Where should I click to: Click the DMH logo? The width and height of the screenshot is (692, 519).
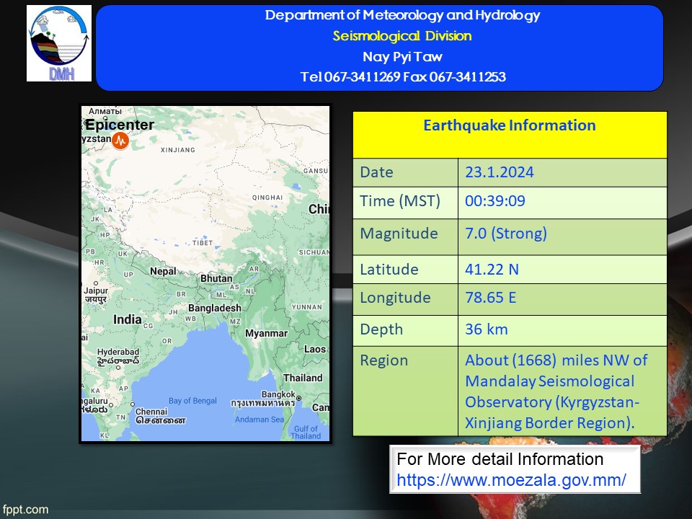pos(59,43)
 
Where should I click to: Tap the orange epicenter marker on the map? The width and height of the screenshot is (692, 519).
pos(120,141)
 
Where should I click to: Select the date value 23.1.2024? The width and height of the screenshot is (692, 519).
pos(499,172)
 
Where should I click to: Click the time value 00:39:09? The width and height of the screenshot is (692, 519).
pos(494,201)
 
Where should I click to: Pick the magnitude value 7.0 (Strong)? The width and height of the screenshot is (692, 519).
pos(506,233)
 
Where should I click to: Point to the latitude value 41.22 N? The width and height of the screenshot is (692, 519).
pos(492,269)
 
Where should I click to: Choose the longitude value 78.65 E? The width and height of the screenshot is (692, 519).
pos(490,298)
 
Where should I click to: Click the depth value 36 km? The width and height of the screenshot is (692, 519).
pos(487,329)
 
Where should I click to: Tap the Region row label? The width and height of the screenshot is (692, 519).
pos(384,360)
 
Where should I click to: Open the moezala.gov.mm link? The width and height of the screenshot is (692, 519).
pos(511,480)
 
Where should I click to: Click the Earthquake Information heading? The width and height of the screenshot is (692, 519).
pos(510,125)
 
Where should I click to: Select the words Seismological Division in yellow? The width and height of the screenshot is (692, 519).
pos(402,36)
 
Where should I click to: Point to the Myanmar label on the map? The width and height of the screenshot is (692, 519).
pos(266,334)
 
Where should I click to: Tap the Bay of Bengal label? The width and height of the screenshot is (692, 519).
pos(192,401)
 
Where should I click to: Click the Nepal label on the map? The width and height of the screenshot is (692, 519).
pos(163,272)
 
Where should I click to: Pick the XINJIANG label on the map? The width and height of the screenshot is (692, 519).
pos(178,150)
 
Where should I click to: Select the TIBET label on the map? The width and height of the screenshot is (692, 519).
pos(203,243)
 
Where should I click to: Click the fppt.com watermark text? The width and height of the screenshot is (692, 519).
pos(25,510)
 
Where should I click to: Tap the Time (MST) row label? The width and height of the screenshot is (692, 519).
pos(400,201)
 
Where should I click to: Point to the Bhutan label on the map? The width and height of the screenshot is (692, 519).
pos(216,278)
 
